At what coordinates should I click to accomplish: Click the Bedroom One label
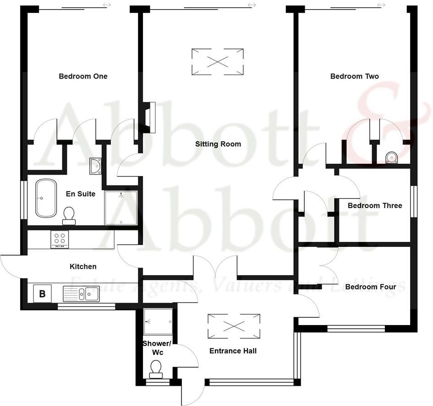point(83,76)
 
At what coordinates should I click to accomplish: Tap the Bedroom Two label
point(354,76)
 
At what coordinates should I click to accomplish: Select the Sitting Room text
point(218,144)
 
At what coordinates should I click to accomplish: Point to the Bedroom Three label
point(375,206)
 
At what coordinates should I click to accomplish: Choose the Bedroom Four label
point(370,287)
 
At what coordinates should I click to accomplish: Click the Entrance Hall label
point(233,351)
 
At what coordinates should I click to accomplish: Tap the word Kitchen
point(83,267)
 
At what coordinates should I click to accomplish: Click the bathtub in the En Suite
point(46,198)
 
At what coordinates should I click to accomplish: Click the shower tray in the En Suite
point(121,208)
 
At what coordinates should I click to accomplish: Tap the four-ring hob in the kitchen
point(60,239)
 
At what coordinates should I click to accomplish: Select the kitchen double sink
point(81,293)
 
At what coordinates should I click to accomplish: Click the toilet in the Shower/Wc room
point(156,369)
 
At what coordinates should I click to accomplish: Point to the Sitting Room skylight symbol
point(217,61)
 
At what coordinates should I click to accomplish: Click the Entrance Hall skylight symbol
point(234,326)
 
